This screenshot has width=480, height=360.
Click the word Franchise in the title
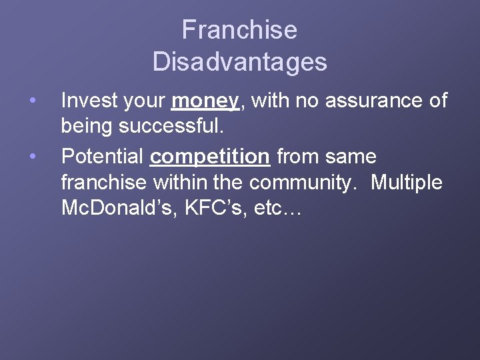[239, 30]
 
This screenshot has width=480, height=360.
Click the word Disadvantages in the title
[239, 62]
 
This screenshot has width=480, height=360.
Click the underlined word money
[205, 101]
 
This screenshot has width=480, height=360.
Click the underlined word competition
[210, 157]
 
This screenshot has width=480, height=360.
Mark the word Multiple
[406, 182]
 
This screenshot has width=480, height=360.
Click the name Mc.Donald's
[116, 207]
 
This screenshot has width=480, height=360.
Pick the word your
[144, 102]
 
